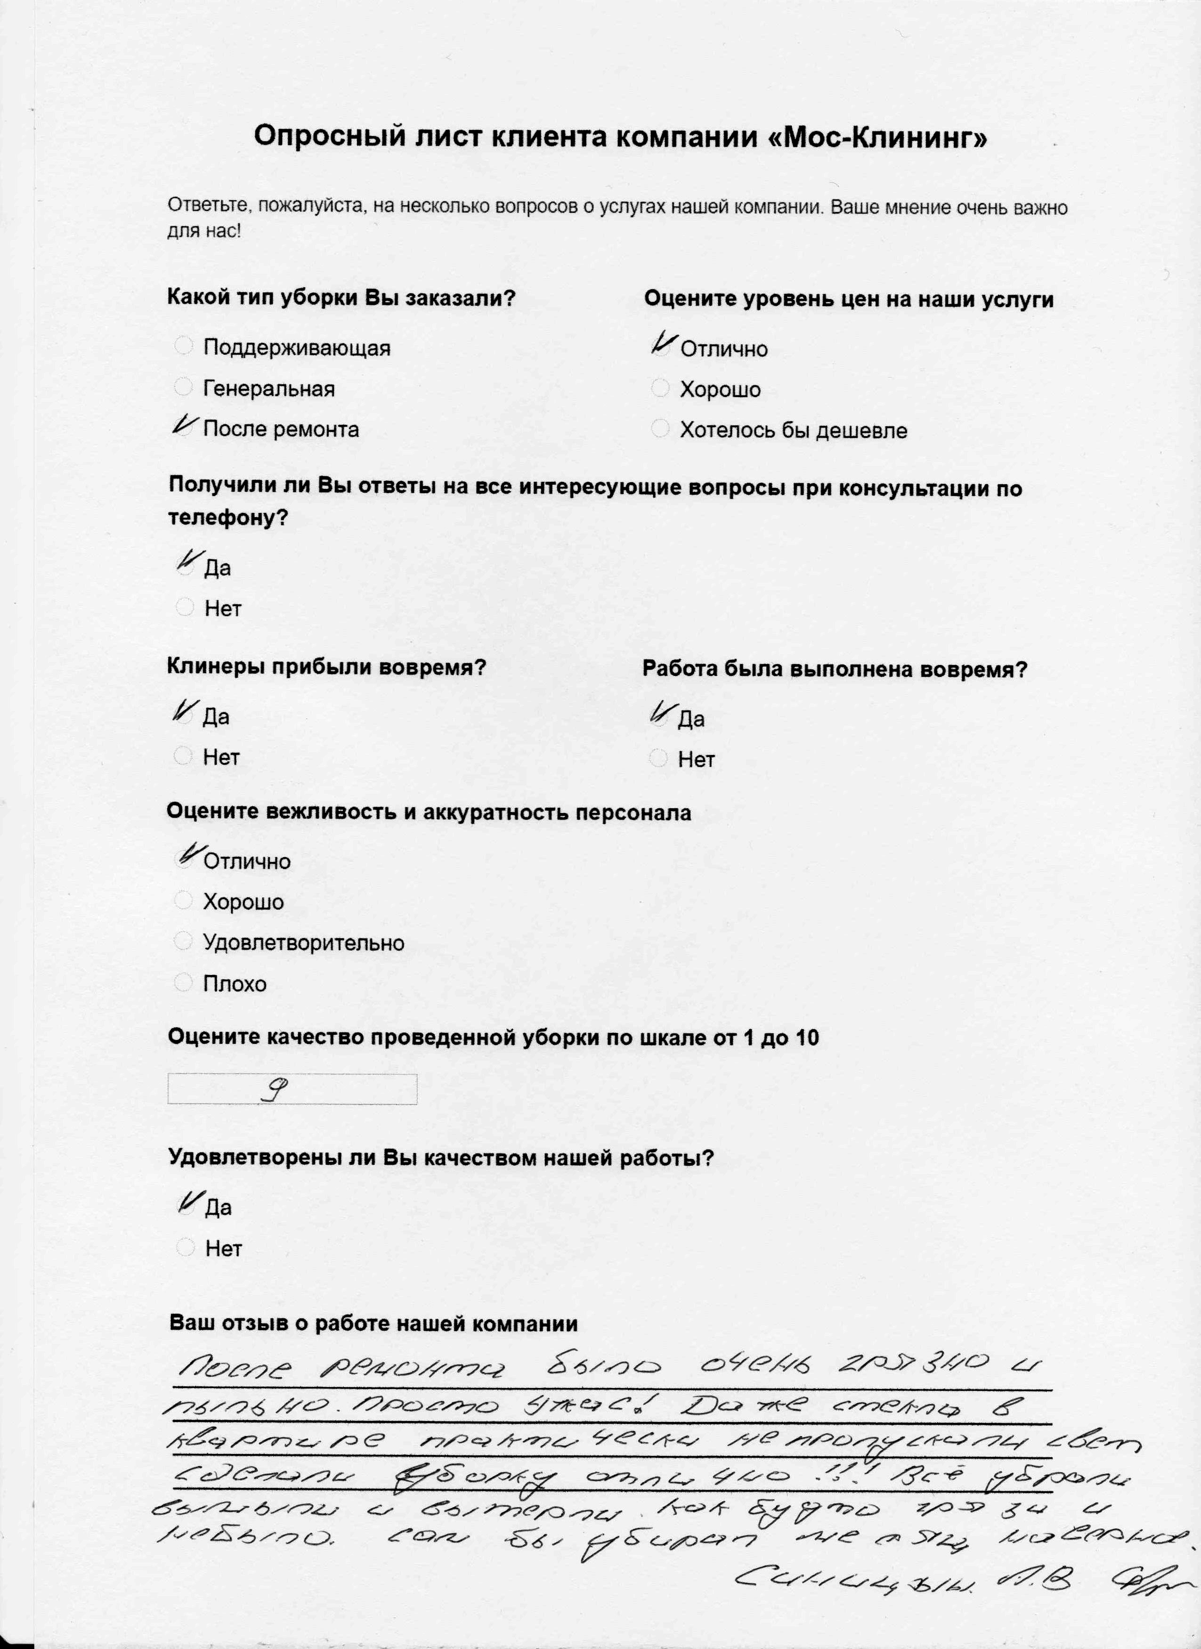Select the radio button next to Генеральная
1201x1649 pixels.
(x=183, y=386)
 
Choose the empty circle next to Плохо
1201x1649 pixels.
(x=183, y=982)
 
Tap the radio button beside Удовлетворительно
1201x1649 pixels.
(x=183, y=942)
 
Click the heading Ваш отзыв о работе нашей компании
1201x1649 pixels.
(x=373, y=1323)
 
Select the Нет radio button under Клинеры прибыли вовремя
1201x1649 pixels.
(x=183, y=756)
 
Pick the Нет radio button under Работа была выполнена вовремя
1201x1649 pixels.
(x=658, y=758)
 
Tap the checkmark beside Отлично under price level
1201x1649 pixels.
(x=662, y=345)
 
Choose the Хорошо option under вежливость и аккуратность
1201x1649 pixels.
(x=183, y=901)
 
